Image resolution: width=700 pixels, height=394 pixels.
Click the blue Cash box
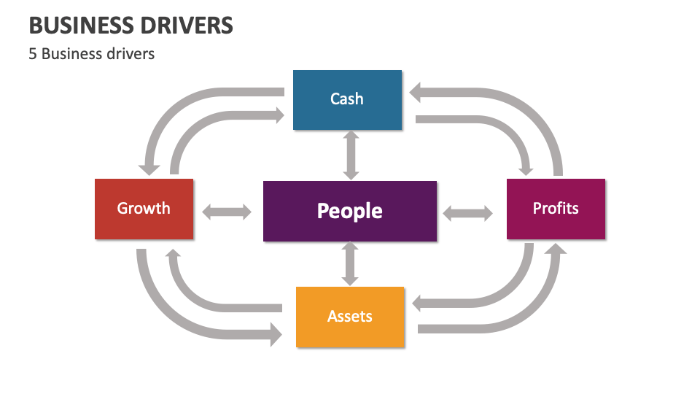[347, 99]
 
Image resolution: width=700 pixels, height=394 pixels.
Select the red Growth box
[144, 209]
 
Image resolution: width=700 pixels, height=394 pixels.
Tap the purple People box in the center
[349, 211]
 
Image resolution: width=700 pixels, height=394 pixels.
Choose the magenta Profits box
[556, 209]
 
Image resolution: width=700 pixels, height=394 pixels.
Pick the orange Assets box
[349, 317]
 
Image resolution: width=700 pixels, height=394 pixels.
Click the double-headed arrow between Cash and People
[351, 155]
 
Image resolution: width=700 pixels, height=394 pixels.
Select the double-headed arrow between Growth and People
[227, 212]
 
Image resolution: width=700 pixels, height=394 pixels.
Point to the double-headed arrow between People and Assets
[351, 264]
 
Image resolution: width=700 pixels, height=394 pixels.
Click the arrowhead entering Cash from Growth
[277, 115]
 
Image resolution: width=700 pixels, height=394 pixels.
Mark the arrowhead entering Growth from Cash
[151, 166]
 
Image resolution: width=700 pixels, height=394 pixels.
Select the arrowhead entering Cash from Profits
[419, 92]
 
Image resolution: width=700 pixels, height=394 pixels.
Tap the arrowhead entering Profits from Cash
[524, 166]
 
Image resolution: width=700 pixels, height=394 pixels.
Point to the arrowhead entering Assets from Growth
[275, 335]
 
